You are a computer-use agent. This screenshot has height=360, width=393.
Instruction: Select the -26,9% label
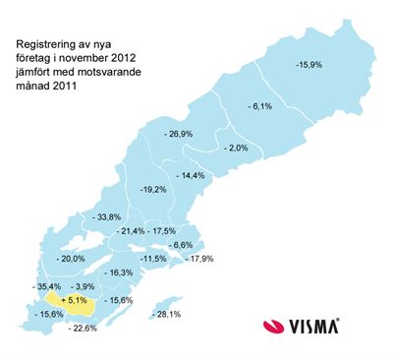[x=180, y=133]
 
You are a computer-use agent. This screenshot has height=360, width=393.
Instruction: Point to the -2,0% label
[x=236, y=148]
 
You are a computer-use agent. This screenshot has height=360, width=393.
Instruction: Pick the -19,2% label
[x=153, y=188]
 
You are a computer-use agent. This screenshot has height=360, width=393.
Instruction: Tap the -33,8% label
[x=106, y=216]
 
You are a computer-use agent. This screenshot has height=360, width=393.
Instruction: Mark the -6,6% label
[x=180, y=245]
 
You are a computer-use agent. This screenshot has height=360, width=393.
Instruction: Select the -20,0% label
[x=73, y=259]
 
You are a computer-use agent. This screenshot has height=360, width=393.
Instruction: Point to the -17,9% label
[x=199, y=259]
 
